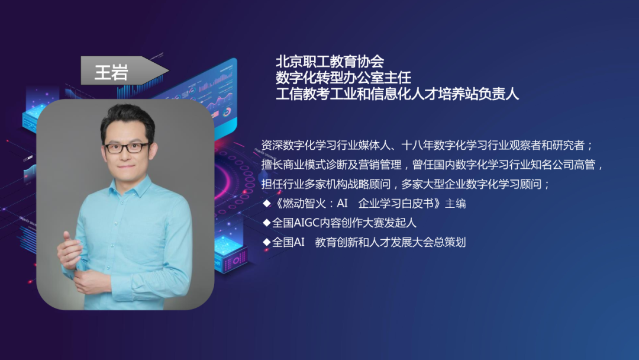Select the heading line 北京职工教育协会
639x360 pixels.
(330, 62)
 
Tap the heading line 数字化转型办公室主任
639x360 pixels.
(343, 78)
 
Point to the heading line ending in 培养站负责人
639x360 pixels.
(397, 94)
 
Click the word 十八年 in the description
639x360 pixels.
(418, 146)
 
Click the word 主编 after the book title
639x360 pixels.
(456, 203)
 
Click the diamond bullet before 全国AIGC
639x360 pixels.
(266, 223)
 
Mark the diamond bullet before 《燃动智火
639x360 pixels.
(266, 203)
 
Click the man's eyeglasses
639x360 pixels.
(127, 147)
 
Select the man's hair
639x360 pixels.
(127, 118)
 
